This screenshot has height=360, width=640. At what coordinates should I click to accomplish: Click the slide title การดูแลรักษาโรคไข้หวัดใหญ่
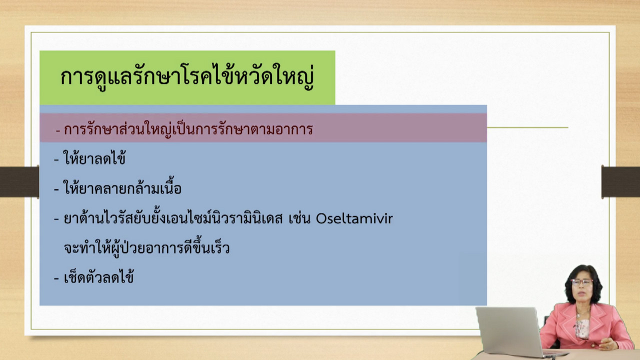coord(187,77)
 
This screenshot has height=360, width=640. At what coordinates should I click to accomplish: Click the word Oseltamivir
coord(354,219)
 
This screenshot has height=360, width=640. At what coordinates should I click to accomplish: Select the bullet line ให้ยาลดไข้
coord(94,157)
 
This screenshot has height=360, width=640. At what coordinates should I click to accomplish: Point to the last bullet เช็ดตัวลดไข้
coord(98,277)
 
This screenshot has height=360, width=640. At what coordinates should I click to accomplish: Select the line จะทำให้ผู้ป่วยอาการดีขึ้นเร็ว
coord(146,247)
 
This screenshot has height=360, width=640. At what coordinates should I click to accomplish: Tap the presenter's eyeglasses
coord(581,282)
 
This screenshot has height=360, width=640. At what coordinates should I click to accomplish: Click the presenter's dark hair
coord(583,283)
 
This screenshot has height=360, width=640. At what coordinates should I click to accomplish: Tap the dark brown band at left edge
coord(19,182)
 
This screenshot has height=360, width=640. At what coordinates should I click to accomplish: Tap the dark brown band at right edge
coord(620,182)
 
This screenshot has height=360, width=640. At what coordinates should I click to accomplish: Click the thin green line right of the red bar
coord(527,127)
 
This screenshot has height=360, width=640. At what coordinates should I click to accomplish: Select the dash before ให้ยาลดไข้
coord(56,159)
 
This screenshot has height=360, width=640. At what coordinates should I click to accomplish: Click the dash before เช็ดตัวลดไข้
coord(56,278)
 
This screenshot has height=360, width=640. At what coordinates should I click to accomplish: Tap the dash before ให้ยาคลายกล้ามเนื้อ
coord(56,189)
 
